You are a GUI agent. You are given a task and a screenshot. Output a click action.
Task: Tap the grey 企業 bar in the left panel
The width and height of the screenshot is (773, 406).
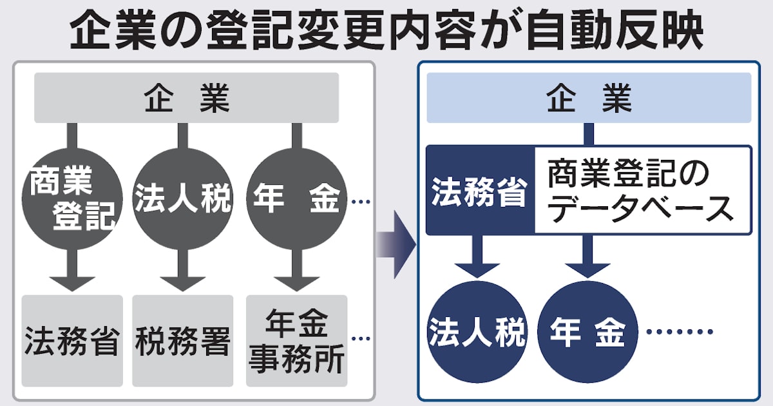186,98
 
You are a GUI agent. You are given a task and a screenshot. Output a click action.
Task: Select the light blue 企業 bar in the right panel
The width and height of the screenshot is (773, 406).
589,98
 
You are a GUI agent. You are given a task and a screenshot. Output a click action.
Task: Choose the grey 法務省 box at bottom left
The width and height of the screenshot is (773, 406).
72,340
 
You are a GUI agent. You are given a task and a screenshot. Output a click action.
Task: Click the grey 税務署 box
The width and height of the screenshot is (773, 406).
183,340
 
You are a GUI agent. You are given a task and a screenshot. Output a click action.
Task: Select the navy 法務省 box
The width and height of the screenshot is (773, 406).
480,191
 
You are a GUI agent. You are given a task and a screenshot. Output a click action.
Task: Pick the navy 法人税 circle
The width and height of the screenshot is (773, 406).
478,333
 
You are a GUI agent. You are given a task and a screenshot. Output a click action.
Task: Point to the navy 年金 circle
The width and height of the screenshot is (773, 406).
587,333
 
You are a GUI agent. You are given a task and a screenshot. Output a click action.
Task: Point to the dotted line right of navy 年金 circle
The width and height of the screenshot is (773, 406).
680,333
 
